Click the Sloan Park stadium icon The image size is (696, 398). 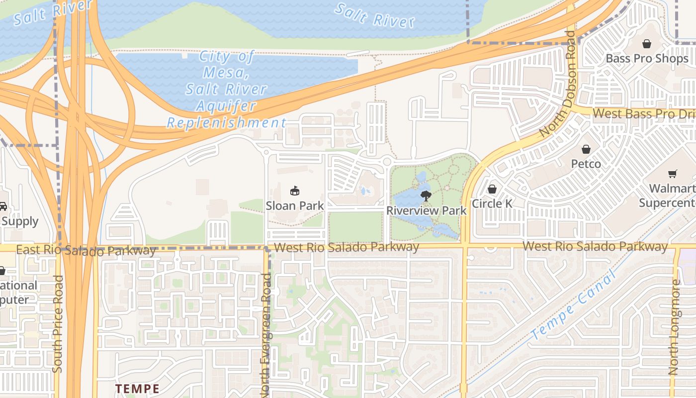click(295, 191)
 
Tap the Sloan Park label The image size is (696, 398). click(295, 205)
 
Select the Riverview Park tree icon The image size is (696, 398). click(426, 196)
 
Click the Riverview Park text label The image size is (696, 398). click(427, 210)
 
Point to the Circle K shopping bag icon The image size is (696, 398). click(492, 189)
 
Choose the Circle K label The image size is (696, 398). click(492, 203)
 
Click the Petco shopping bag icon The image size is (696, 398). click(586, 149)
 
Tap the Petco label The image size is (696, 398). click(586, 164)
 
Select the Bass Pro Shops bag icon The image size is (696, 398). click(646, 44)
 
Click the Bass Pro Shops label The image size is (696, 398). click(647, 59)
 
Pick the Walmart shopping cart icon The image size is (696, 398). click(672, 174)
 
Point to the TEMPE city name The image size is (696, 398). click(137, 389)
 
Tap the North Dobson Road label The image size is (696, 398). click(558, 85)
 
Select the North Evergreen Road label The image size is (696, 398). click(266, 333)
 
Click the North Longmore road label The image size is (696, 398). click(675, 327)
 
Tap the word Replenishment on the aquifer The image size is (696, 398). click(226, 122)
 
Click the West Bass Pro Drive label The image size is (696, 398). click(644, 113)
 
